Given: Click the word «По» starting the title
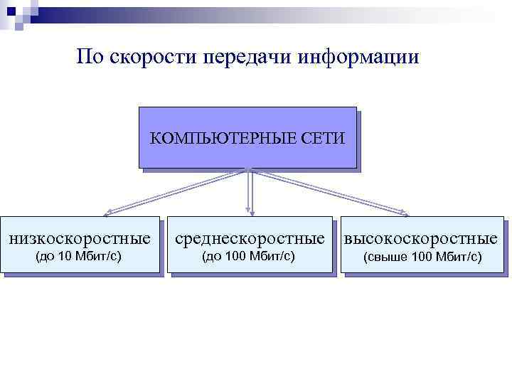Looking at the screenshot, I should point(90,56).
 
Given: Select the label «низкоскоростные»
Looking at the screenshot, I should point(80,238).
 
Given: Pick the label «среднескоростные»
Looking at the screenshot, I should point(250,238).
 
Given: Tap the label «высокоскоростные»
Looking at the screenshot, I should point(422,238).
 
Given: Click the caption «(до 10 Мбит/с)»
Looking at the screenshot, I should point(80,256).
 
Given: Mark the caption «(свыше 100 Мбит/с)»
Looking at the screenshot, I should point(422,257).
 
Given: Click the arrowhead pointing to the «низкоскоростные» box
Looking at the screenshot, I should point(107,212).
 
